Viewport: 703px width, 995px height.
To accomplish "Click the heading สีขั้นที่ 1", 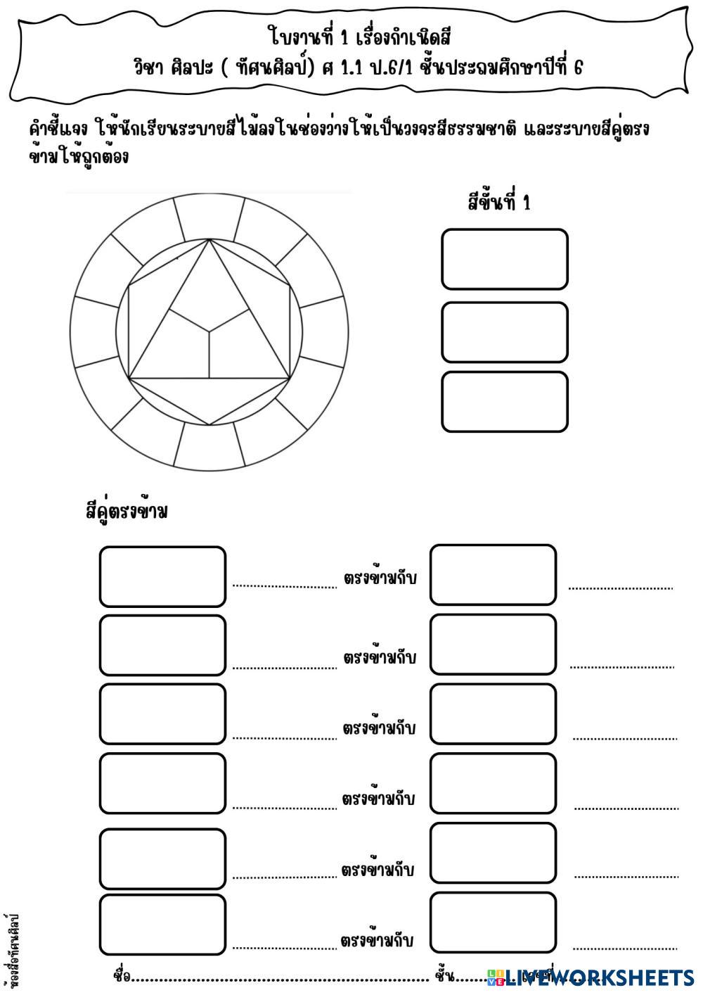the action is (x=499, y=203).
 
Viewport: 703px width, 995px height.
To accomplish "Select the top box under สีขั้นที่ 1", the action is (x=504, y=259).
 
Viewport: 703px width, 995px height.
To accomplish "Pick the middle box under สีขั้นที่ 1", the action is (x=504, y=332).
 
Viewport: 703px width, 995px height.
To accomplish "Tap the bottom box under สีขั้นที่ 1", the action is (x=504, y=401).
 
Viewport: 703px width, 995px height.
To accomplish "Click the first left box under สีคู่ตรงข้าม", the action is (x=162, y=576).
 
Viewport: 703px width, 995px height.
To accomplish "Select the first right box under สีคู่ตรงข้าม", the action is (x=493, y=574).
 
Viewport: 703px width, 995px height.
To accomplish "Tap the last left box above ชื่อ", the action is (x=162, y=925).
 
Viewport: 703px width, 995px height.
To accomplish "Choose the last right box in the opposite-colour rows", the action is (x=493, y=923).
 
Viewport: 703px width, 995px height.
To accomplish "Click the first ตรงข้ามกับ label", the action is (x=380, y=579).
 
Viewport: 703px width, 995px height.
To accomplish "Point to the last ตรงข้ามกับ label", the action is (x=377, y=940).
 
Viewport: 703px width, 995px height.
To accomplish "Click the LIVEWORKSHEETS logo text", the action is (x=598, y=977).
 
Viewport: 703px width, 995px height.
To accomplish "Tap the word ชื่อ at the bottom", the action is (x=122, y=977).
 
